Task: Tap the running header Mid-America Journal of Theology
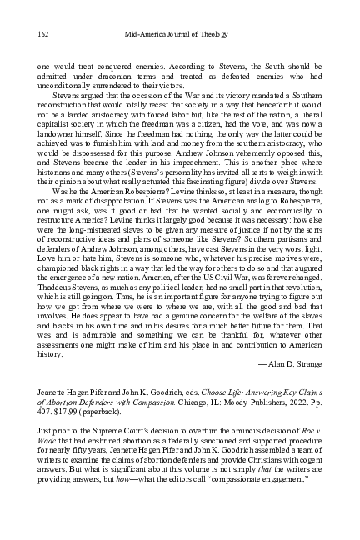[180, 33]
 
